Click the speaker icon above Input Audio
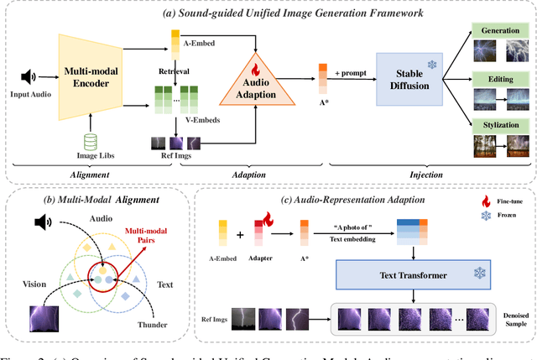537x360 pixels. pos(29,77)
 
